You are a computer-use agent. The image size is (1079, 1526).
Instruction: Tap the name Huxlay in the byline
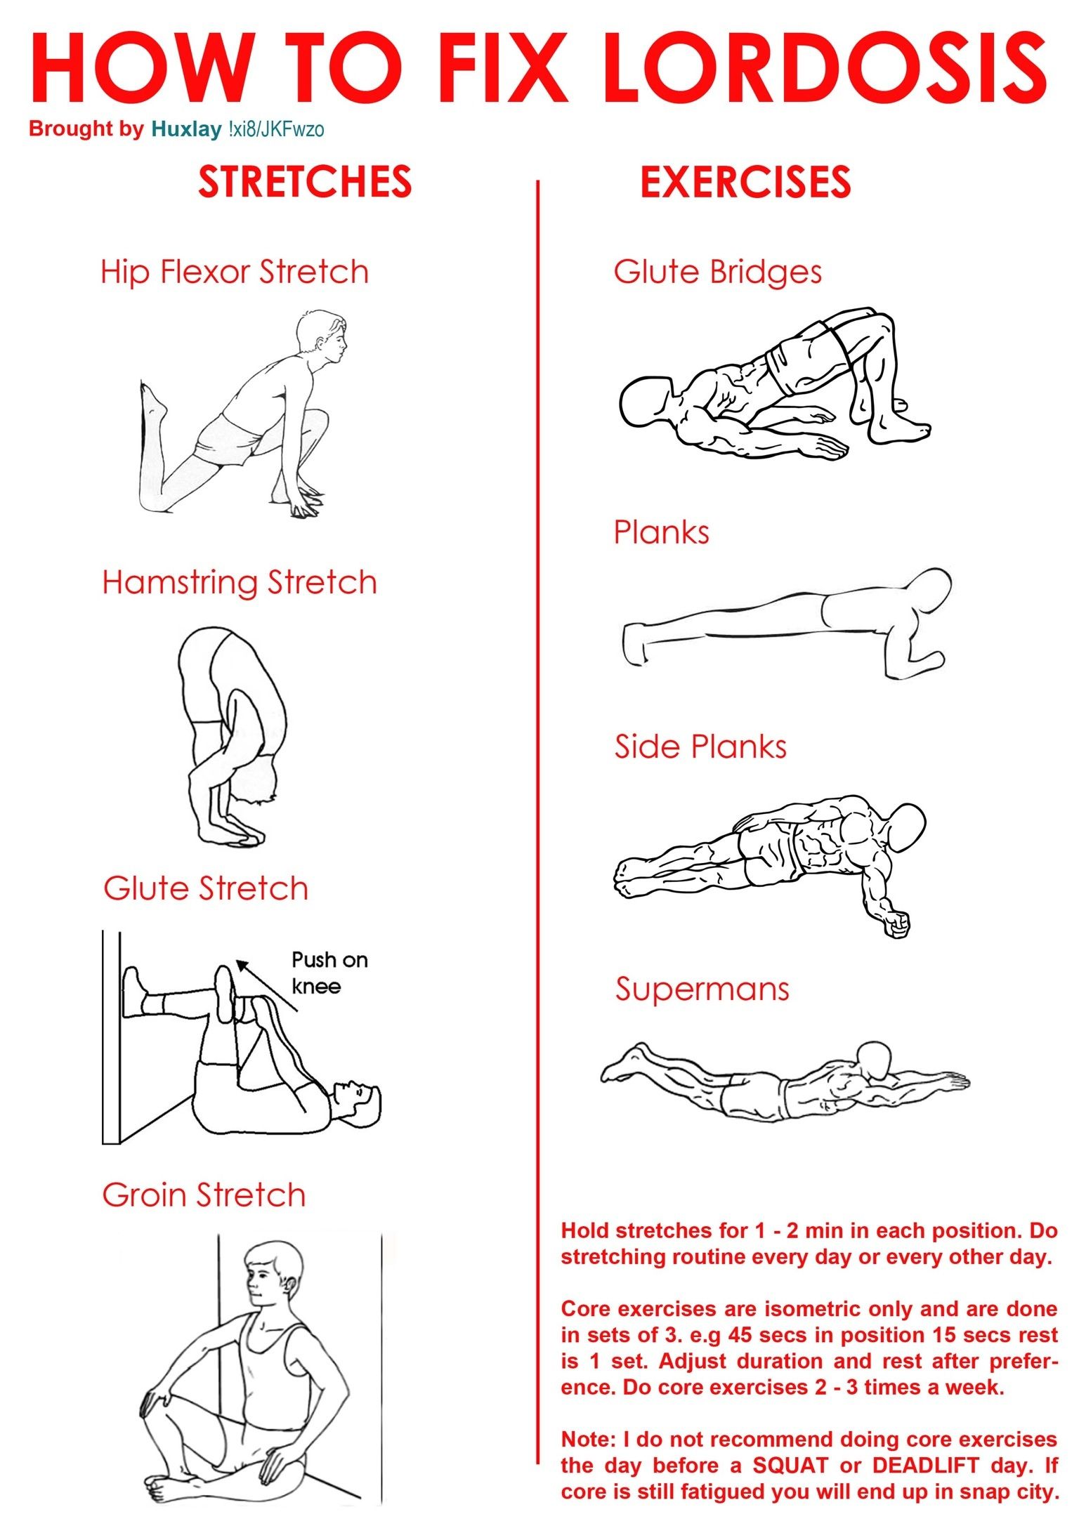tap(186, 129)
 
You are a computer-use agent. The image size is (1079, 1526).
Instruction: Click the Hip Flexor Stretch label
tap(235, 272)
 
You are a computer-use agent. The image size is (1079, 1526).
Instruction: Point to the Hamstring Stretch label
tap(240, 582)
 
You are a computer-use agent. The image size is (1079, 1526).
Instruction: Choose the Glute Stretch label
tap(206, 888)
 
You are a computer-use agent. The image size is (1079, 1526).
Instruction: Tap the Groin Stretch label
tap(204, 1195)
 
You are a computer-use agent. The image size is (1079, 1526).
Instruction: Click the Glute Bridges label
tap(717, 272)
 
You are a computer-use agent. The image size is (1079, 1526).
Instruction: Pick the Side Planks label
tap(700, 746)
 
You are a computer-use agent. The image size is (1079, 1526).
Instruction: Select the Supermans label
tap(702, 989)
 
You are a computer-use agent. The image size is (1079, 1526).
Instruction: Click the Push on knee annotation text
tap(329, 973)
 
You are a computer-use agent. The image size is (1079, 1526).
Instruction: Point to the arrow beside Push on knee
tap(266, 986)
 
